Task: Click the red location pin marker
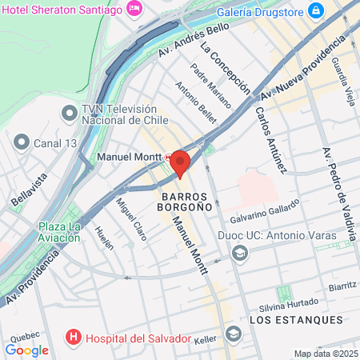(180, 163)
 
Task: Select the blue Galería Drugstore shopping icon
(317, 10)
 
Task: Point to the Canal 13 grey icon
(21, 142)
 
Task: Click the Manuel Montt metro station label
(130, 157)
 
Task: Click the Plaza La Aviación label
(60, 233)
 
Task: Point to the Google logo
(27, 349)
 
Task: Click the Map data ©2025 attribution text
(325, 354)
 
